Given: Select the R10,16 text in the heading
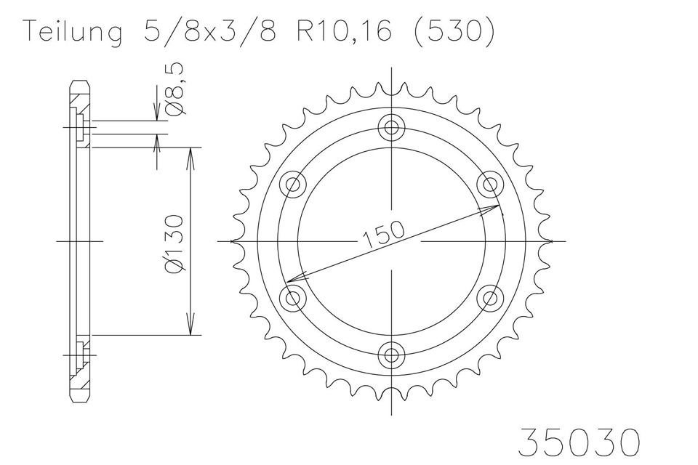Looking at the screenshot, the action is pos(344,31).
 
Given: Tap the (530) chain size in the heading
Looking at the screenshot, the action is pos(454,32).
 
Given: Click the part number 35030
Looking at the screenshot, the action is pos(579,442).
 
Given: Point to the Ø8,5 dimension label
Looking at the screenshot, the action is pos(175,89).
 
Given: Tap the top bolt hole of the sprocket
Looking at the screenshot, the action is pos(391,128).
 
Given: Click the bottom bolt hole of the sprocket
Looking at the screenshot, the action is pos(391,355).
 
